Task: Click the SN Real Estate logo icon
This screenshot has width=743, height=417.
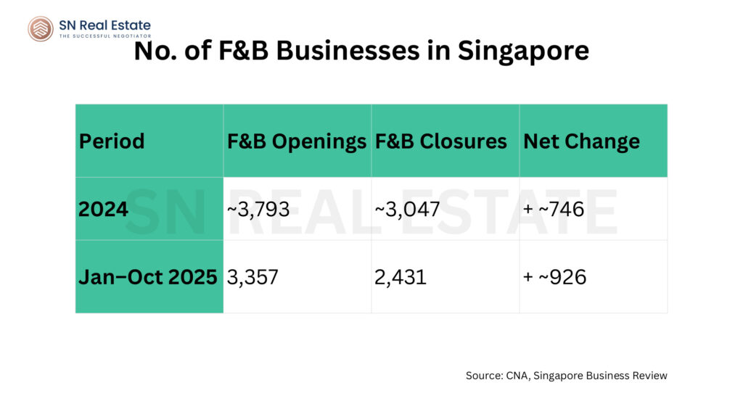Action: point(41,28)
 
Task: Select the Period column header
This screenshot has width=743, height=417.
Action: point(112,141)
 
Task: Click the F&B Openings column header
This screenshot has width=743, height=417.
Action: point(297,141)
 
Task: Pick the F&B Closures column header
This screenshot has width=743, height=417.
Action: point(440,141)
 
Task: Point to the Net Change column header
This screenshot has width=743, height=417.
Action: point(581,141)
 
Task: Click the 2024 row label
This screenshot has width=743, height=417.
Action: point(104,209)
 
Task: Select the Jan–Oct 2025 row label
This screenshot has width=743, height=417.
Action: point(148,277)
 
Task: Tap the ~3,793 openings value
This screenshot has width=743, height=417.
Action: point(259,209)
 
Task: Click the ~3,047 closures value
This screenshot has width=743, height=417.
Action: point(408,209)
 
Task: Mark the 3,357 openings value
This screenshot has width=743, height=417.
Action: point(253,277)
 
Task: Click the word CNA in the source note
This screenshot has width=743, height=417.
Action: point(516,376)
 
